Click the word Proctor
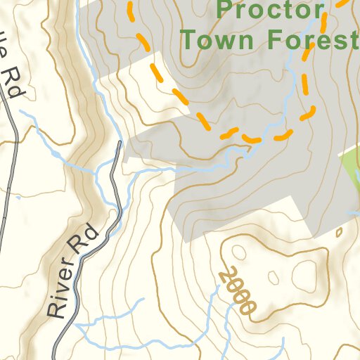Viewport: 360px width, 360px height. [271, 11]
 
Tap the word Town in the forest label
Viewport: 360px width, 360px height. [214, 39]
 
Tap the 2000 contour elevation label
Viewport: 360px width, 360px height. [236, 290]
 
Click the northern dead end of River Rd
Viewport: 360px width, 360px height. [120, 143]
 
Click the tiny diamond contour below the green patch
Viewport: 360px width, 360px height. [339, 232]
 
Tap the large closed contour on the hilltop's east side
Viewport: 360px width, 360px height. [307, 271]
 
